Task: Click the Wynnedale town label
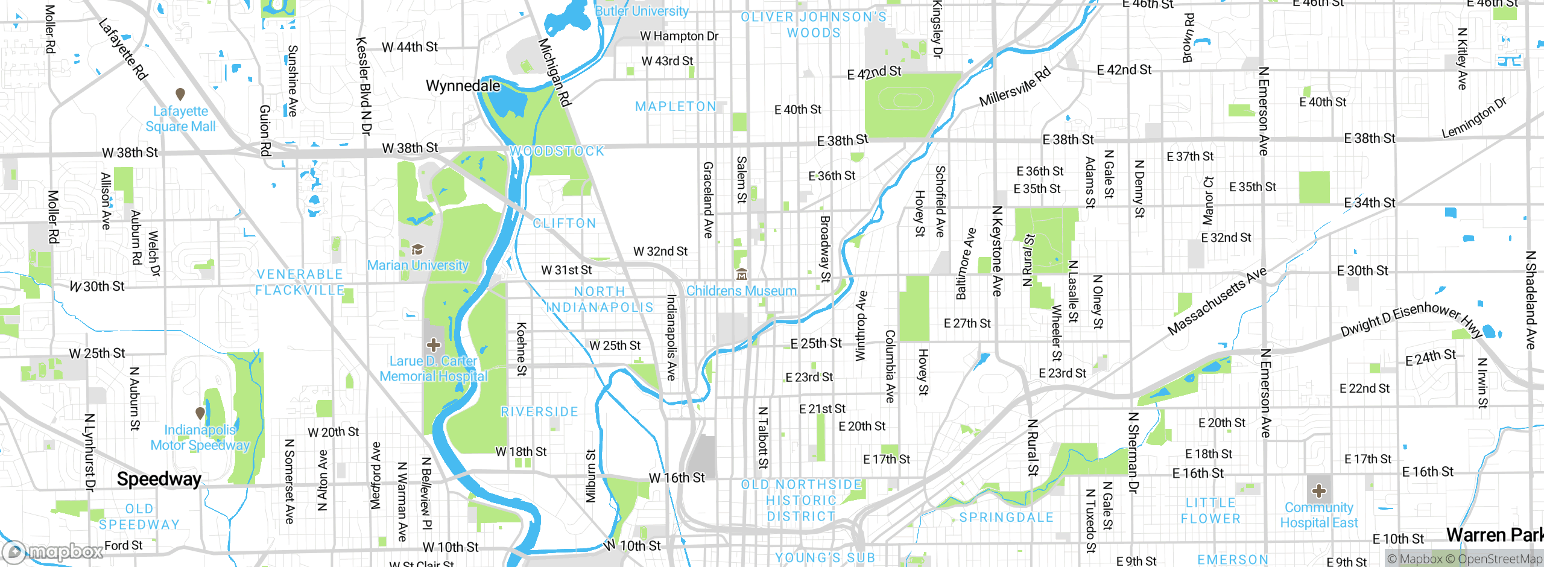pos(463,86)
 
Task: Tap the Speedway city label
pos(159,479)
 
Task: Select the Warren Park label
pos(1495,534)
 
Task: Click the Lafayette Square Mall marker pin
pos(180,94)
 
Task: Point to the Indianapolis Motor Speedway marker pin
pos(200,413)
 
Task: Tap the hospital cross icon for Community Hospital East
pos(1319,490)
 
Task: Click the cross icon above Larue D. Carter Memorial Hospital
pos(433,345)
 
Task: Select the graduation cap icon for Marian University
pos(417,249)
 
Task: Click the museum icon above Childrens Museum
pos(742,274)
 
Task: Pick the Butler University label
pos(642,11)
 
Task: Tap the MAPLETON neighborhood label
pos(675,107)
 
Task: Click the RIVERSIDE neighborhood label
pos(539,412)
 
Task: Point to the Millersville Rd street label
pos(1014,87)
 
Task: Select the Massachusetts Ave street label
pos(1217,301)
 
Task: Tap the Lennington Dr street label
pos(1474,117)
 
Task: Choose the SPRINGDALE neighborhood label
pos(1006,518)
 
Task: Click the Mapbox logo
pos(53,551)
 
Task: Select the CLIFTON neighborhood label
pos(565,224)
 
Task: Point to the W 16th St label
pos(676,478)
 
